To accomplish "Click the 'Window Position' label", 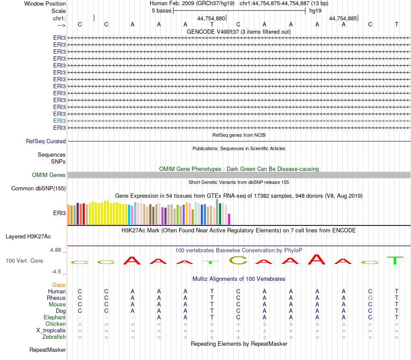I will tap(45, 3).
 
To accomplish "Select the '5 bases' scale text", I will tap(161, 11).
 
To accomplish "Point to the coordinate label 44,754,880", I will tap(211, 18).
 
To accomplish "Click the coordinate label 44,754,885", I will tap(343, 18).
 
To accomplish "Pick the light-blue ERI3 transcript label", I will tap(59, 121).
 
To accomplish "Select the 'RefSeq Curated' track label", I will tap(46, 141).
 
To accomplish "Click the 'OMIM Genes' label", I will tap(49, 175).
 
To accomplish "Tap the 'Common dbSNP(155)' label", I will tap(39, 188).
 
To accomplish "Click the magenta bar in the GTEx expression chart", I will tap(229, 219).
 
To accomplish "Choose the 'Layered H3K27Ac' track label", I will tap(28, 236).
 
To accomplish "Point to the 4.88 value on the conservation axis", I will tap(58, 250).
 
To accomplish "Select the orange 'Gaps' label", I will tap(59, 285).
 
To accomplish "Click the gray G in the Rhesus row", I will tap(370, 298).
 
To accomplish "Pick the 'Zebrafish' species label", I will tap(54, 337).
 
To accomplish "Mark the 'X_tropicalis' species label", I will tap(51, 330).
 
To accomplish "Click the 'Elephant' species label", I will tap(55, 317).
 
